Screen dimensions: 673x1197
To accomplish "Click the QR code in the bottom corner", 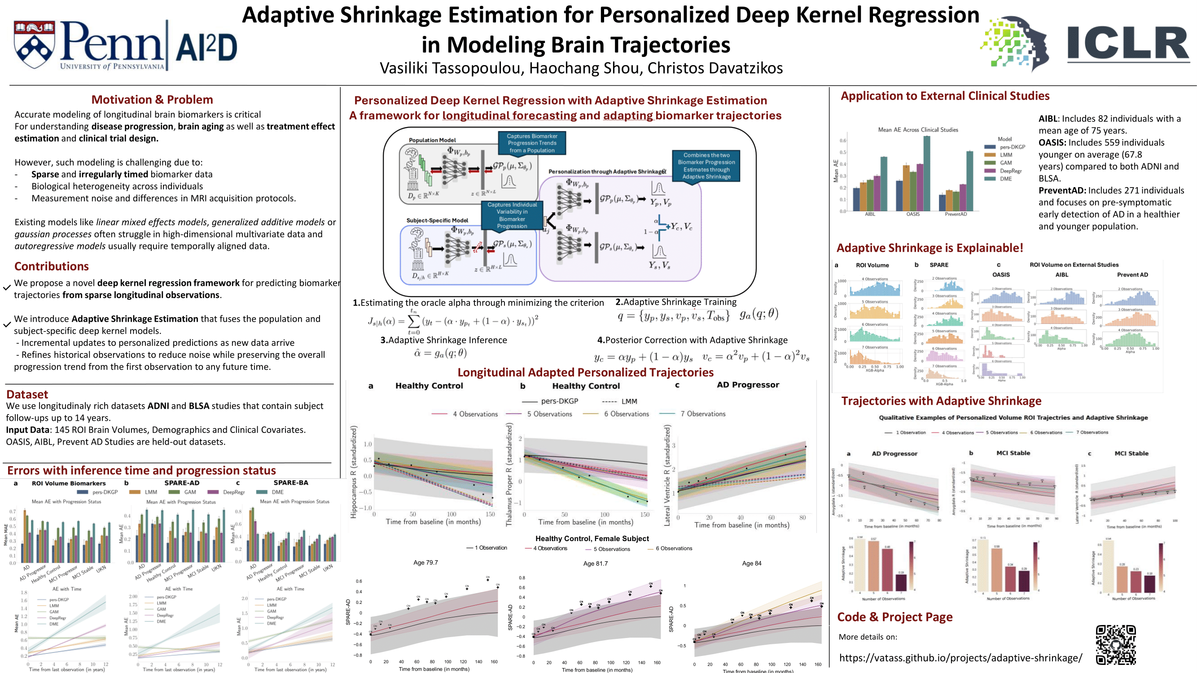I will click(1116, 645).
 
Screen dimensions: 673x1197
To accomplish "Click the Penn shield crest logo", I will click(34, 44).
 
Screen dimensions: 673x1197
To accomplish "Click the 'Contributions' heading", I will click(52, 266).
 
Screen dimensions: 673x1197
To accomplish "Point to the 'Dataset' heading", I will click(27, 394).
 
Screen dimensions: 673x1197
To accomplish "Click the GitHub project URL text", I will click(960, 658).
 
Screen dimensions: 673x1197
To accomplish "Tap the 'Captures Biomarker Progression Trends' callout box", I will click(531, 143).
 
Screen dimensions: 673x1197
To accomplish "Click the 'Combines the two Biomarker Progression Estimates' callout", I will click(706, 166).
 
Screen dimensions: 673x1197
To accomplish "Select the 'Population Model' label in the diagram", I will click(432, 140).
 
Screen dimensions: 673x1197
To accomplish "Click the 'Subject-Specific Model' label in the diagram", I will click(437, 220).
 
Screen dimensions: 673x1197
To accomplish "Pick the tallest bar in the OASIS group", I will click(926, 173).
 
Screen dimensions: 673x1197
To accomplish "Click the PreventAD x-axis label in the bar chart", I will click(956, 214).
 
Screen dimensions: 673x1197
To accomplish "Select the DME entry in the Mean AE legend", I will click(1005, 179).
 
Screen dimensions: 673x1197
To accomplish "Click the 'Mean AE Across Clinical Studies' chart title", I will click(918, 130).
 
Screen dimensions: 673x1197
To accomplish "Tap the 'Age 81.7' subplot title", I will click(595, 564).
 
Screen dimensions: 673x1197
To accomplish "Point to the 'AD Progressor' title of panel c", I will click(748, 385).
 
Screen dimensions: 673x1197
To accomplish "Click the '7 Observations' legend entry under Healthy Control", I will click(702, 414).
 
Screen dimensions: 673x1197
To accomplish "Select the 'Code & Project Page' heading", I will click(894, 617).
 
